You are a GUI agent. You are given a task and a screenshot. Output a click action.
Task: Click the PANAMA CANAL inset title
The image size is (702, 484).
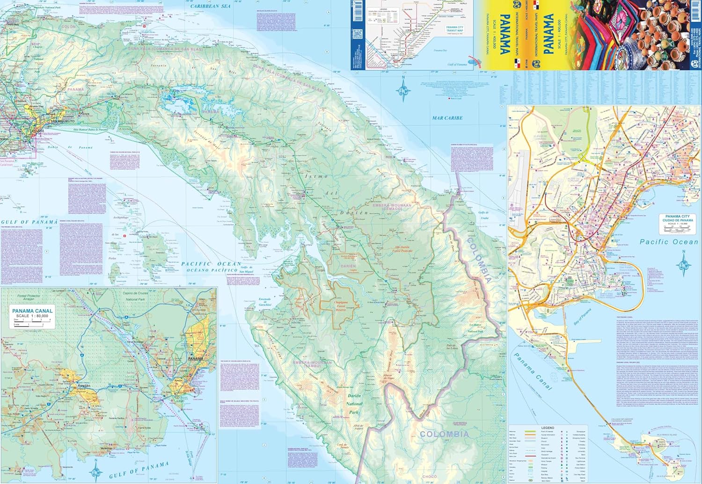click(32, 311)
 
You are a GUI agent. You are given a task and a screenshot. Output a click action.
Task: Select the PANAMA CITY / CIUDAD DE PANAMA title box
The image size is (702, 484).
click(677, 218)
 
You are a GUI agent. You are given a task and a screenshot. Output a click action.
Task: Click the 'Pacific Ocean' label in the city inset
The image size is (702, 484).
click(669, 242)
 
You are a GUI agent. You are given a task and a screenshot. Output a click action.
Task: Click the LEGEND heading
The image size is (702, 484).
click(547, 427)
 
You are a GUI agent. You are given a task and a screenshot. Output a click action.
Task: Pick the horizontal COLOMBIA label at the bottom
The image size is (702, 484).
click(444, 434)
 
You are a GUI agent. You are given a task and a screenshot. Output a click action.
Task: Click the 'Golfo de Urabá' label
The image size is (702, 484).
click(483, 215)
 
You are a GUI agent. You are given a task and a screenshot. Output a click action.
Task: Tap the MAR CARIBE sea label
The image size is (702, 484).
click(447, 118)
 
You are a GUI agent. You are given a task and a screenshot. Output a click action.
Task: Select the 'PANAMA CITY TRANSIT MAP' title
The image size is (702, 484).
click(454, 29)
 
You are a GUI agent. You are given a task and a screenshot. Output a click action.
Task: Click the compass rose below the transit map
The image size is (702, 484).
click(403, 89)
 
